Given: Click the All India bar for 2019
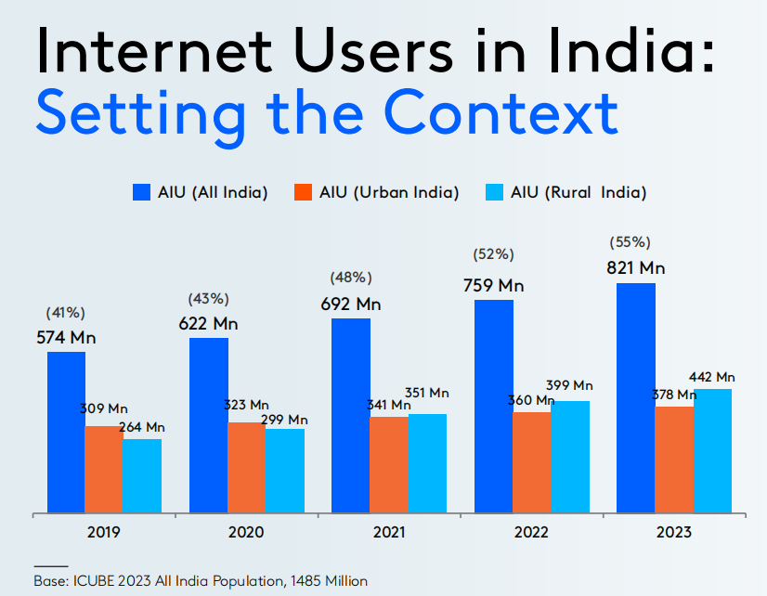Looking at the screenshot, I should point(66,432).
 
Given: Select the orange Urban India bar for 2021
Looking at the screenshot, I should point(388,464).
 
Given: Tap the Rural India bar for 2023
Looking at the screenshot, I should point(712,450).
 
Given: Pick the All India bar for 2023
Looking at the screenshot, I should point(635,397).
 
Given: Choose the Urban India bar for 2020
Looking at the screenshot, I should point(246,467).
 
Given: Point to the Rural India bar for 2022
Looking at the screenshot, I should point(569,456).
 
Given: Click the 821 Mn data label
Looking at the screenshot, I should point(635,268).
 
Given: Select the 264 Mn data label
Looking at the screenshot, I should point(141,427).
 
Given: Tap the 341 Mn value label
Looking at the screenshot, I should point(388,405).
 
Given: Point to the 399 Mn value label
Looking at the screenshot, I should point(569,385).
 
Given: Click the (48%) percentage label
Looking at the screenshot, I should point(351,278).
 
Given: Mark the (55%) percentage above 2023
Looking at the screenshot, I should point(629,242).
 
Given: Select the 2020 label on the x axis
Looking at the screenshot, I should point(246,533).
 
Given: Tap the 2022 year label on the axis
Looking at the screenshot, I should point(530,533).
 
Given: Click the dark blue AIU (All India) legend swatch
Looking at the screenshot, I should point(141,192).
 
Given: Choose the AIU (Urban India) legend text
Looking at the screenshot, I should point(389,192).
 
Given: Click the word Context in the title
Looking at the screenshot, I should point(501,111).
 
